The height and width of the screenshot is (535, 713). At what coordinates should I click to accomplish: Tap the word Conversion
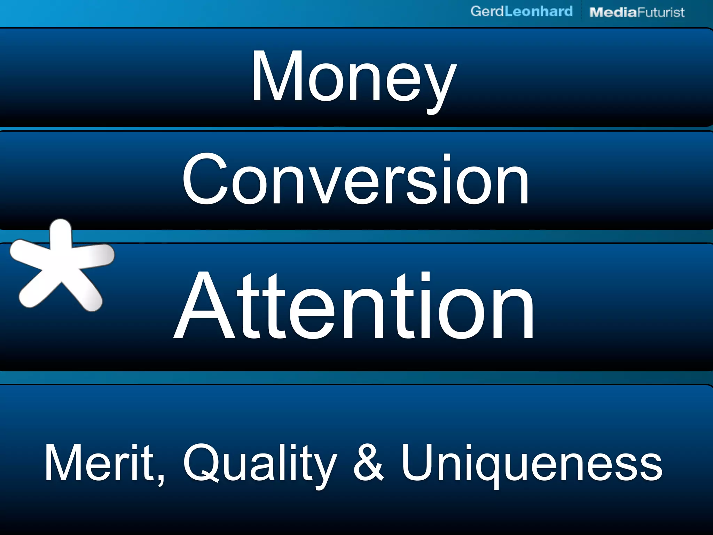(355, 180)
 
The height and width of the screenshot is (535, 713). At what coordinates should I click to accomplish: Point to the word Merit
(100, 463)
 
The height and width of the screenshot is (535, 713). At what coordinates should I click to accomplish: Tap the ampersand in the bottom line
(368, 463)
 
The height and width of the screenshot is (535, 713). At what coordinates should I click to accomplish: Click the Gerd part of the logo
(487, 11)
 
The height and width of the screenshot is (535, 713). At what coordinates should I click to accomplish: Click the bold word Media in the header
(613, 13)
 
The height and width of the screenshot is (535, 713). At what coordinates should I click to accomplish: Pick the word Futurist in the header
(661, 13)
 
